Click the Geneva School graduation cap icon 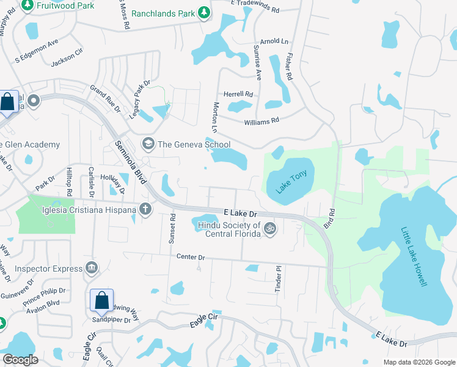click(147, 144)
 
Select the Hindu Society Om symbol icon click(270, 229)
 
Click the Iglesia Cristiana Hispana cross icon click(145, 209)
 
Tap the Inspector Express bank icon click(92, 267)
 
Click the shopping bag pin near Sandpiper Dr click(101, 301)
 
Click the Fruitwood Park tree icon click(27, 5)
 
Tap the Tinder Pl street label click(277, 278)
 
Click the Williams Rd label click(261, 121)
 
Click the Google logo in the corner click(21, 360)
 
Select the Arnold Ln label click(273, 42)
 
